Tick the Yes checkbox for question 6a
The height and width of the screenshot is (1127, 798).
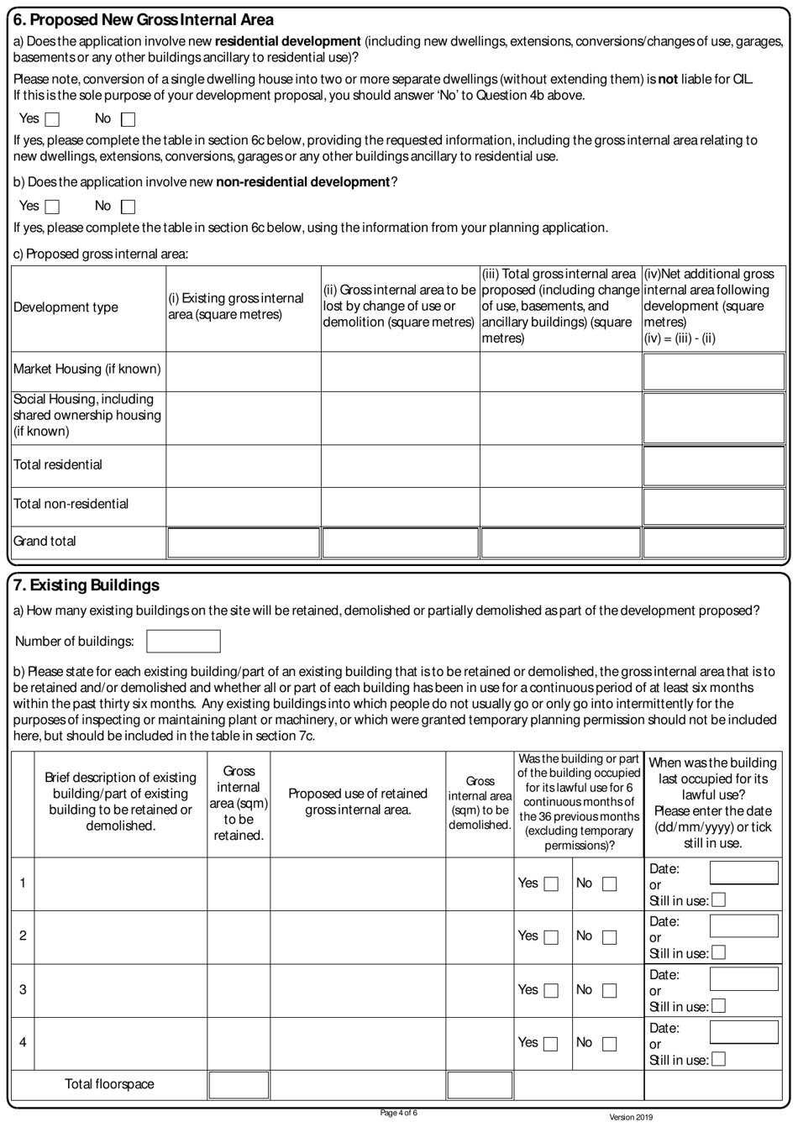(52, 119)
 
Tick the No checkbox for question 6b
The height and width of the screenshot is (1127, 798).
(128, 206)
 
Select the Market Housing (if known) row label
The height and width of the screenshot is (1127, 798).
(87, 370)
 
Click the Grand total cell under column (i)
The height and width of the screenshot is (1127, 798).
(244, 543)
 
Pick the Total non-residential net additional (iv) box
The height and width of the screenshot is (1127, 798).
(714, 506)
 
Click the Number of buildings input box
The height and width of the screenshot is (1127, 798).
(183, 642)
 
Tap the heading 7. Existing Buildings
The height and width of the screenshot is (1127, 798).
(87, 584)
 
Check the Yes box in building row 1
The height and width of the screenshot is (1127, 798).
(551, 883)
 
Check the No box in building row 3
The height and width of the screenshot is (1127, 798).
(609, 990)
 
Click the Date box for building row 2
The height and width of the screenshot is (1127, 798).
(743, 925)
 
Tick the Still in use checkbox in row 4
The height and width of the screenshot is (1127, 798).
(718, 1060)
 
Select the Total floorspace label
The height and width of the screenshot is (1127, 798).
(109, 1084)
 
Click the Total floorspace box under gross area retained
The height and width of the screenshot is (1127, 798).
(239, 1084)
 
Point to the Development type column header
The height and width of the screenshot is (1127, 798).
(66, 307)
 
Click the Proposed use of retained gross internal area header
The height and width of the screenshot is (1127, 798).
(358, 801)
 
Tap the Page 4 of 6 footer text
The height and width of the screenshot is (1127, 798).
(398, 1114)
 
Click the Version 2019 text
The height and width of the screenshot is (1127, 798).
(630, 1118)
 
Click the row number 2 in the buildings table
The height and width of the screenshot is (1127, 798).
(23, 936)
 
